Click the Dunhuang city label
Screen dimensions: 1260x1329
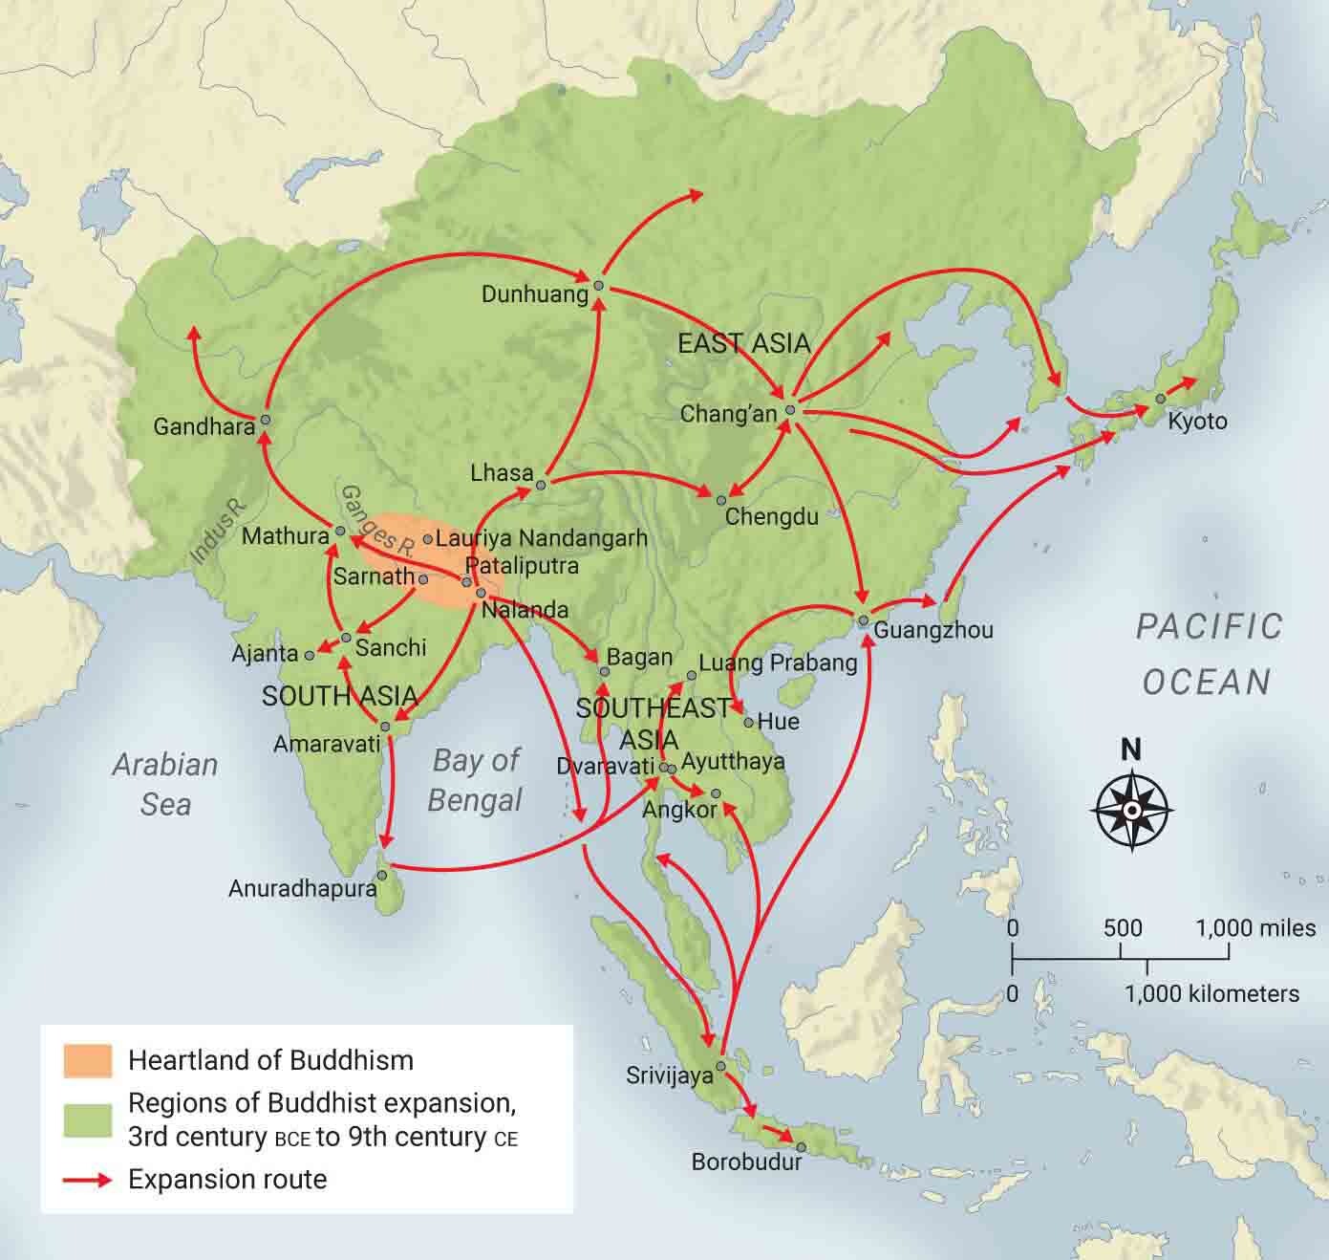point(534,294)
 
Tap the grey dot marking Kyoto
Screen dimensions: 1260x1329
point(1160,398)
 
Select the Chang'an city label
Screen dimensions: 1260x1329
point(728,414)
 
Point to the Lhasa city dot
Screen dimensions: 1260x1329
point(541,486)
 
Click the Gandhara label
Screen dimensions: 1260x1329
point(204,425)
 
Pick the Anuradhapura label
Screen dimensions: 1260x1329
point(302,888)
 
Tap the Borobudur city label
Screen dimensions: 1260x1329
point(746,1162)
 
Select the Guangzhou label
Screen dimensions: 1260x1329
point(932,630)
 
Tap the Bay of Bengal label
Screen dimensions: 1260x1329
point(475,779)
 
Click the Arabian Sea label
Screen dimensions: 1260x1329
point(165,784)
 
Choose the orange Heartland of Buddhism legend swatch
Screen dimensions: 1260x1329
point(88,1060)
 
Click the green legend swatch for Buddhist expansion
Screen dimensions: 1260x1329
point(88,1119)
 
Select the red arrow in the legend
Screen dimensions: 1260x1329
point(88,1180)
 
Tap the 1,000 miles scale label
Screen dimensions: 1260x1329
point(1254,927)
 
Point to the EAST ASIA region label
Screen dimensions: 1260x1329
point(743,343)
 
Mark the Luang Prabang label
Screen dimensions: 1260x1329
point(778,663)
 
